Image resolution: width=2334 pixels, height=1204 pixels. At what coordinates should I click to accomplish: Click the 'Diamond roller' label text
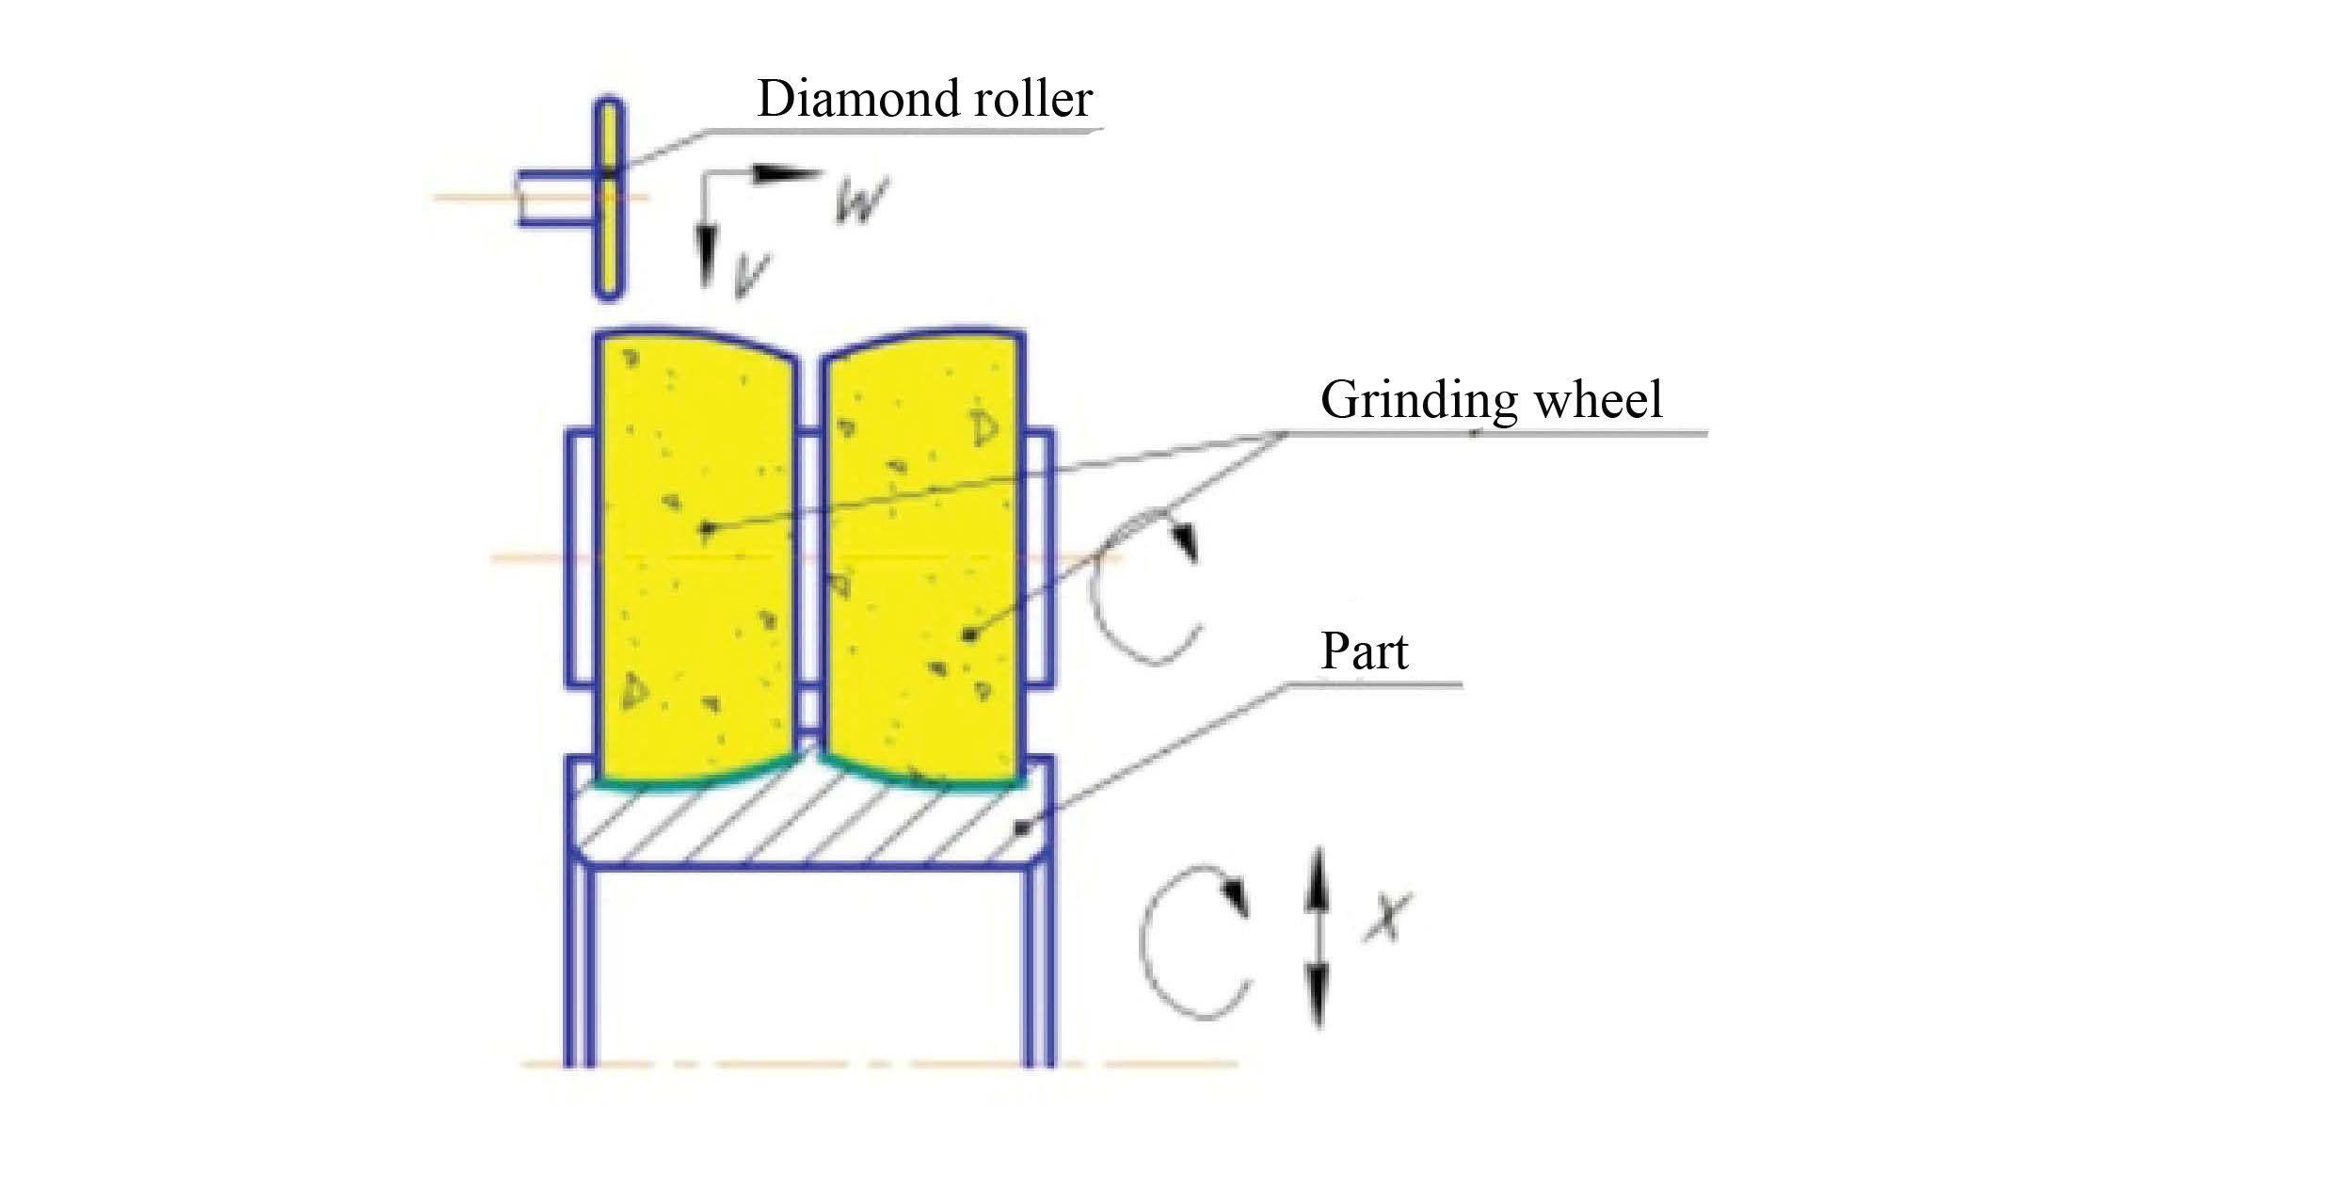click(924, 100)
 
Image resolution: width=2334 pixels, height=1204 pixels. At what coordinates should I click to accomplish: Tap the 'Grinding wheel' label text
click(1491, 400)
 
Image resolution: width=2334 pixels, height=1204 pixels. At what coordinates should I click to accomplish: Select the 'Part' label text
click(1364, 651)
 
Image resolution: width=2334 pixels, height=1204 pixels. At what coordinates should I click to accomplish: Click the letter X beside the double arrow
click(1386, 918)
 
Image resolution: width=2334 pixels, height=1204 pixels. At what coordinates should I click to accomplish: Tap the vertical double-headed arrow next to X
click(1317, 937)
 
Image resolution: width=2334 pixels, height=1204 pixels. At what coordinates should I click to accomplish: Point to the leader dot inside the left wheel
click(706, 529)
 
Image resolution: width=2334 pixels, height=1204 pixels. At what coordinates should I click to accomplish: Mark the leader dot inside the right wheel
click(968, 636)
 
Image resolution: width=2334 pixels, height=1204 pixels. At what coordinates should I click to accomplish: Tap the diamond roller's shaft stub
click(555, 199)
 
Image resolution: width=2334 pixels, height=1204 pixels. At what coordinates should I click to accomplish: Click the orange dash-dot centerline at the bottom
click(875, 1065)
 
